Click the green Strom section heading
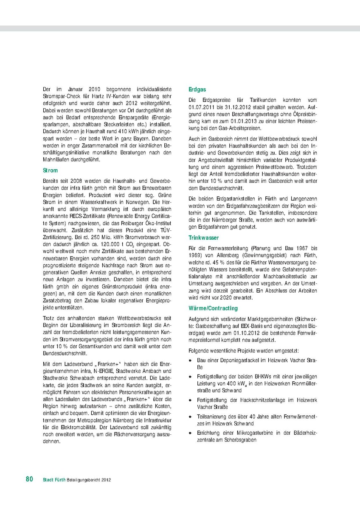pyautogui.click(x=50, y=170)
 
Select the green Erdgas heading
pyautogui.click(x=197, y=89)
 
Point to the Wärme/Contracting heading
pyautogui.click(x=213, y=308)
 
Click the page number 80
pyautogui.click(x=29, y=479)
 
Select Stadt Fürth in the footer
pyautogui.click(x=54, y=480)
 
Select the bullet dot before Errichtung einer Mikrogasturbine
pyautogui.click(x=191, y=433)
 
